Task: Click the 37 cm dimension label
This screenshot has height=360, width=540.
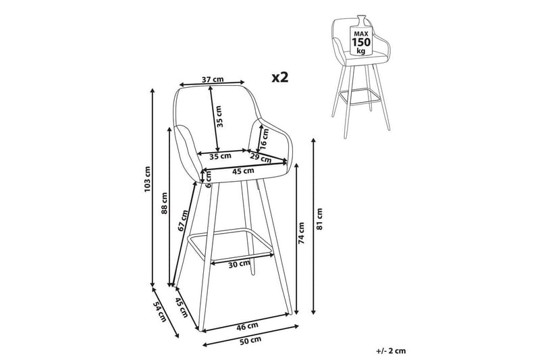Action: [x=213, y=80]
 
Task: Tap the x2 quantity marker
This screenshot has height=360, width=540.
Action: [x=279, y=77]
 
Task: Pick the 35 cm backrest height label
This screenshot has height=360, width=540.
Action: [x=219, y=118]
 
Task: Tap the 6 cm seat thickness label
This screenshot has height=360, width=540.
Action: [x=209, y=178]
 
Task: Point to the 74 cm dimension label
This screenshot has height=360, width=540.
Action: [x=302, y=233]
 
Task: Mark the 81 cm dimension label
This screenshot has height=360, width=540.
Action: [x=319, y=217]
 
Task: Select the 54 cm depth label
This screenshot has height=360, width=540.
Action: [x=159, y=311]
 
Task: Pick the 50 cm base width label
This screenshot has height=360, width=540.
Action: [x=250, y=340]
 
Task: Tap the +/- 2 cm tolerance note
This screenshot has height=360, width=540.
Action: [x=391, y=351]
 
